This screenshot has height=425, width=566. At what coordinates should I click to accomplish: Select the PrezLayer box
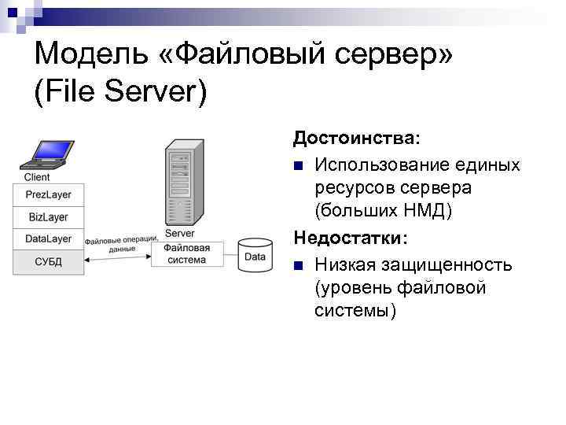click(x=48, y=194)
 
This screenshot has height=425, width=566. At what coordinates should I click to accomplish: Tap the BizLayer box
click(x=48, y=216)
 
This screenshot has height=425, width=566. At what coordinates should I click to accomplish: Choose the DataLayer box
click(x=48, y=238)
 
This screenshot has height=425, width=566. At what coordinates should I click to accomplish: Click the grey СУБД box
click(x=48, y=261)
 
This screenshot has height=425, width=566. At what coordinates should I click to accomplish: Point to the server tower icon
click(x=181, y=184)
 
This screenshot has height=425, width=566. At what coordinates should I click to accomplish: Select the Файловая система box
click(x=187, y=254)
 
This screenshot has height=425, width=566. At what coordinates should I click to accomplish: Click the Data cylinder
click(x=255, y=256)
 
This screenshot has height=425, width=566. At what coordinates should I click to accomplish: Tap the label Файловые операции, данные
click(x=122, y=243)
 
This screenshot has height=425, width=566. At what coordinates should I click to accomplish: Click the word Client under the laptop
click(x=37, y=177)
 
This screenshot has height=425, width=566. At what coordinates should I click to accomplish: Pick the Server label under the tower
click(x=180, y=234)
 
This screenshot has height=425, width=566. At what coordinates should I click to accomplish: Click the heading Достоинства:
click(x=357, y=139)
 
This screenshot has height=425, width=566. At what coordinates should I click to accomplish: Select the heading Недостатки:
click(x=351, y=237)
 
